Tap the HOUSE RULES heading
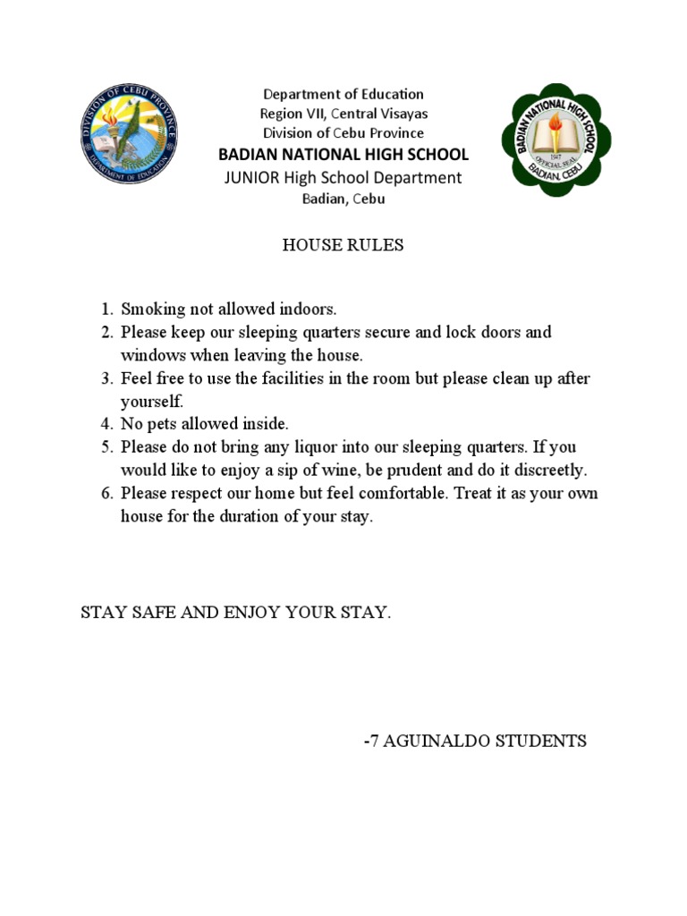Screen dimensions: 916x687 coord(343,245)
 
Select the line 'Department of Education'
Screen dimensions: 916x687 coord(343,94)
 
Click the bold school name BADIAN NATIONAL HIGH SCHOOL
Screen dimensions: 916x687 coord(343,155)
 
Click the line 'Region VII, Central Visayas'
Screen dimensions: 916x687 coord(343,114)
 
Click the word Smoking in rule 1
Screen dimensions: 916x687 coord(153,310)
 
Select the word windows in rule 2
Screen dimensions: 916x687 coord(149,355)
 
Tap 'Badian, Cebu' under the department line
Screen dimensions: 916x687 coord(343,199)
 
